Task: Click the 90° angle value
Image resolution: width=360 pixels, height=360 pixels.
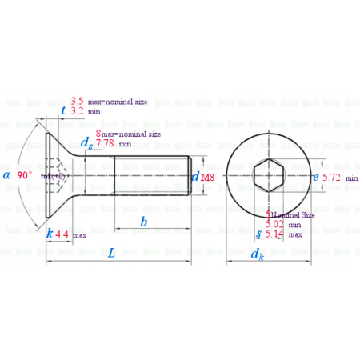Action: click(25, 175)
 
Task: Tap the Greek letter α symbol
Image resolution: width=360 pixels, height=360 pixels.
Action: click(7, 175)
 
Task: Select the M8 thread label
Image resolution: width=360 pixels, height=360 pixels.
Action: click(206, 176)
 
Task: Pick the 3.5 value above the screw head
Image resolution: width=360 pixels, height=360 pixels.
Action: click(78, 101)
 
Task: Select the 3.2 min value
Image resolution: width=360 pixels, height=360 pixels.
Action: click(78, 112)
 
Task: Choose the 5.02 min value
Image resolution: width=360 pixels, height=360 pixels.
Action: click(274, 225)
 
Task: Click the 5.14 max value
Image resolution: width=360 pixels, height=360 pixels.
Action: click(274, 234)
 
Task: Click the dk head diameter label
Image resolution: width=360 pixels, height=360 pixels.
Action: click(256, 254)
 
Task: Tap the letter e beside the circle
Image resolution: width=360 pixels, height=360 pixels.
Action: click(315, 175)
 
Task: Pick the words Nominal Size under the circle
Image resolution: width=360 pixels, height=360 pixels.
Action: click(293, 215)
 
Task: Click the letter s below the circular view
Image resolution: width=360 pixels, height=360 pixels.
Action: click(257, 234)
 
